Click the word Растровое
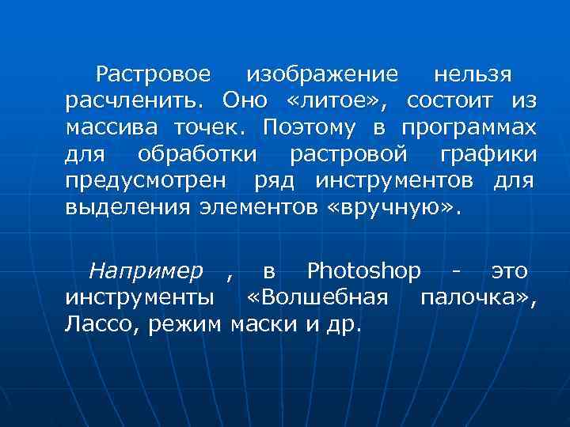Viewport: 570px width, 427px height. [x=153, y=76]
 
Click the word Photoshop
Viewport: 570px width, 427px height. [x=363, y=272]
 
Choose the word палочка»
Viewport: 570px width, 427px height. [x=478, y=298]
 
